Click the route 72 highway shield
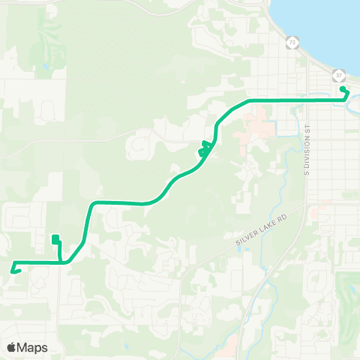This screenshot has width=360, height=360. pos(292,43)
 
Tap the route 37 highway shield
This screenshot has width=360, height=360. pos(339,75)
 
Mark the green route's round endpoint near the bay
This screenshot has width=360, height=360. pos(343,89)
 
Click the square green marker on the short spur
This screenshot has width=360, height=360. pos(55,239)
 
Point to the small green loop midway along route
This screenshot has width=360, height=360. pos(203,148)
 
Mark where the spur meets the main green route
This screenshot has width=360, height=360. pos(61,262)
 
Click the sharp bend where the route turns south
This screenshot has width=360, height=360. pos(91,204)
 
